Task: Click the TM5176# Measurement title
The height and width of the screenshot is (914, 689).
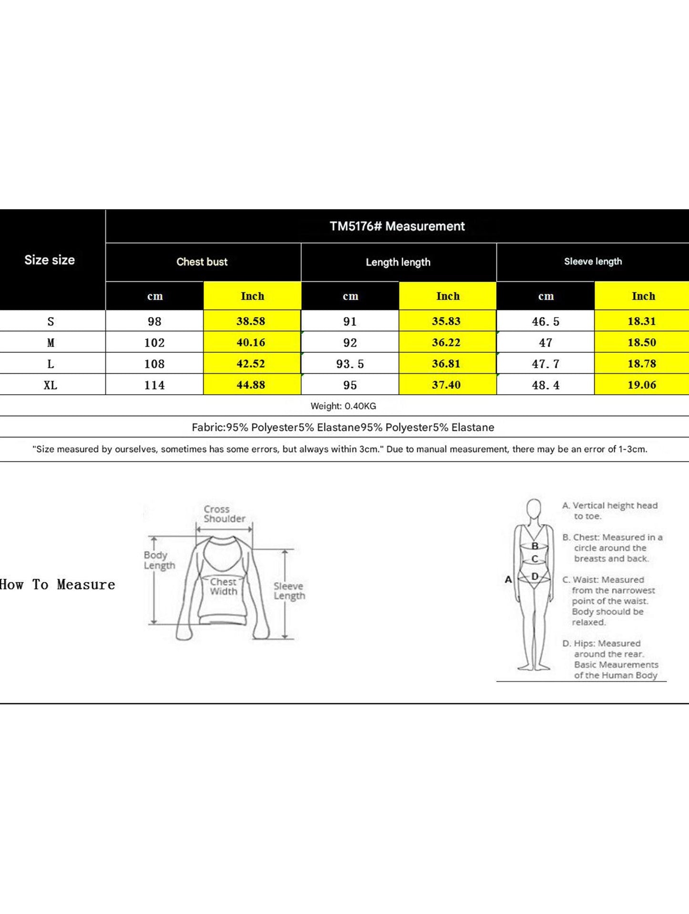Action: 397,226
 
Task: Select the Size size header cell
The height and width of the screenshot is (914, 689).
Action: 50,260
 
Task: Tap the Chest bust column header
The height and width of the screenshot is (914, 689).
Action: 202,262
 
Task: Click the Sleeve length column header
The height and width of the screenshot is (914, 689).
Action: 593,261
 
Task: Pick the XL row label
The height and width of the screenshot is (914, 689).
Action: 51,385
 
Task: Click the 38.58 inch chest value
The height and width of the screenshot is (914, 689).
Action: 251,321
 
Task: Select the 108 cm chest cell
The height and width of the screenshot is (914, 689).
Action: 154,364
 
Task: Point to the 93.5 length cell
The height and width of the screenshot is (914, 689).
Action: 350,364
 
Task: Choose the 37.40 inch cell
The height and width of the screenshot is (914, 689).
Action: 446,385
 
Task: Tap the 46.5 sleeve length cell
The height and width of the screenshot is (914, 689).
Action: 545,322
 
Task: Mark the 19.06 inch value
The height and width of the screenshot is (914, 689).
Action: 642,385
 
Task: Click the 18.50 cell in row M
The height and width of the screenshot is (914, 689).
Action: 642,342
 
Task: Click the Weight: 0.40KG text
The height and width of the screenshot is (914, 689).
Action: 343,406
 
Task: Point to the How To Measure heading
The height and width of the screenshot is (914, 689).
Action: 58,585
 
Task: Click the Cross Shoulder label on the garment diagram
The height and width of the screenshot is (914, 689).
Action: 224,514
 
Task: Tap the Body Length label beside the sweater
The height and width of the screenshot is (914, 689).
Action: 159,560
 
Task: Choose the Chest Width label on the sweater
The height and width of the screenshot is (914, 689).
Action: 223,587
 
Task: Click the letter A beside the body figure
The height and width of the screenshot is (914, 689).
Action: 508,580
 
